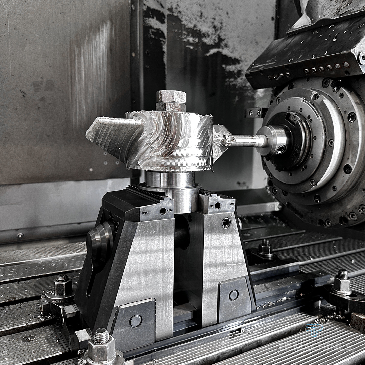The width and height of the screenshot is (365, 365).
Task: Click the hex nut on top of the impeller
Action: coord(171,97)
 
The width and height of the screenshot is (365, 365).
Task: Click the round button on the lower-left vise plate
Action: coord(136,321)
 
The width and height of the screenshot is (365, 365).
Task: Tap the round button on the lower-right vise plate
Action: coord(234,295)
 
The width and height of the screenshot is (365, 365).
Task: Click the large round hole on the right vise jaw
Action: coord(226,222)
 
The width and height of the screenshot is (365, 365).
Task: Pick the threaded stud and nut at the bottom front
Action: coord(101,345)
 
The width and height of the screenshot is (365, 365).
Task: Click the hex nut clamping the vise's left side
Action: coord(63,285)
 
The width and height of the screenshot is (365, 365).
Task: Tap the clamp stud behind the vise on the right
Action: coord(265,248)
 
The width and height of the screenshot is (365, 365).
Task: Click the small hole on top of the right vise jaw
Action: coord(217,205)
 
